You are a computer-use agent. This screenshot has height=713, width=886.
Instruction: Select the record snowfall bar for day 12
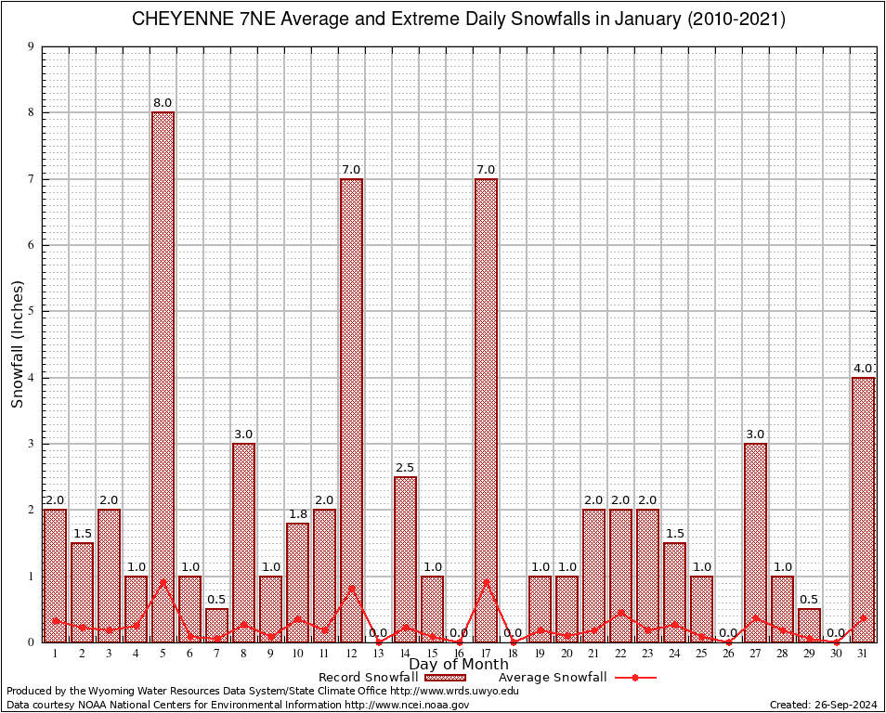351,409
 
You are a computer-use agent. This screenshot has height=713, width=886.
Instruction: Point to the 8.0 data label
163,102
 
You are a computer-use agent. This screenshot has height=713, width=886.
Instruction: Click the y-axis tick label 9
31,46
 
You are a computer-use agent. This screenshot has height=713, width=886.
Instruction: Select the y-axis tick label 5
31,311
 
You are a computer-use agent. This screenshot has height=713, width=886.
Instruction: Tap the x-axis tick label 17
486,654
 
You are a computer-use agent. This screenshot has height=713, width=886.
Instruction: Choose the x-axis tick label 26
728,654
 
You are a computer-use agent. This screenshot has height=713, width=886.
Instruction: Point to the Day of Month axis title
458,665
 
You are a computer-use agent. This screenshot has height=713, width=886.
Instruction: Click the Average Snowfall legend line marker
634,678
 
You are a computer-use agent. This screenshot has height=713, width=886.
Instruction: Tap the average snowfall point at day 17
486,582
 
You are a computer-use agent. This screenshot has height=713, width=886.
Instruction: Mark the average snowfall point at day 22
620,612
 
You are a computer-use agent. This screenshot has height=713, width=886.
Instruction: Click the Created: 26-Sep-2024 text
824,705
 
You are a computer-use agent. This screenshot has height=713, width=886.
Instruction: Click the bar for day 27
755,542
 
